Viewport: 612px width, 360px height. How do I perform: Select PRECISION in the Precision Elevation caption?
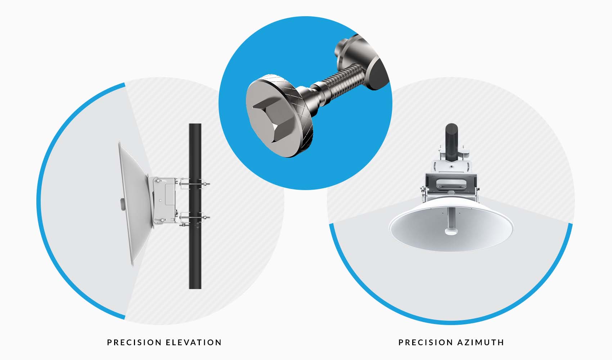pyautogui.click(x=134, y=342)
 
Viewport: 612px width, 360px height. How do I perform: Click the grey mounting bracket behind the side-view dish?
pyautogui.click(x=165, y=200)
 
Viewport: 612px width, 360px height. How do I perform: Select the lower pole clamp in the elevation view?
pyautogui.click(x=194, y=217)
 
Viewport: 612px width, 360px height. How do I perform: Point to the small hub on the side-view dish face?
pyautogui.click(x=123, y=204)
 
